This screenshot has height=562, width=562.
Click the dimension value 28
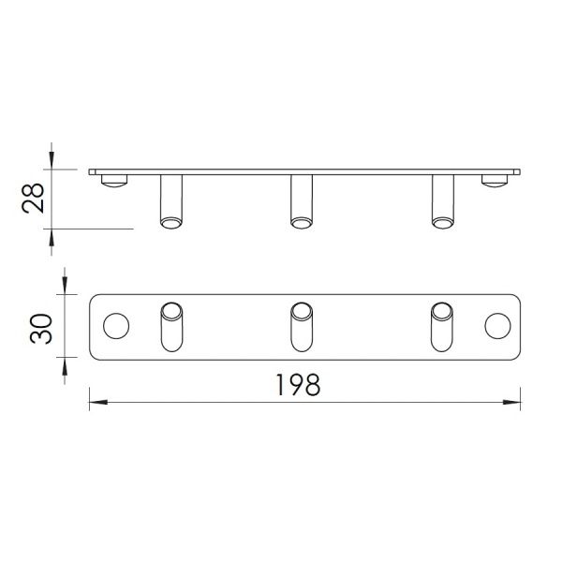[x=33, y=199]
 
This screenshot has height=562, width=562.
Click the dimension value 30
[x=41, y=329]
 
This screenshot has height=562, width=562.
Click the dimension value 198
[x=298, y=385]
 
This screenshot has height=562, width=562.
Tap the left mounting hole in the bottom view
[x=116, y=326]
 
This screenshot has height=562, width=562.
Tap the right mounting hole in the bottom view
[x=498, y=326]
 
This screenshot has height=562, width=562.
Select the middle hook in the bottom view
[x=302, y=327]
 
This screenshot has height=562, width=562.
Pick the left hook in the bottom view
[x=171, y=327]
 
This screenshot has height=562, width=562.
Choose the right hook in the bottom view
[x=442, y=327]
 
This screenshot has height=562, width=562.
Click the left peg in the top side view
[x=171, y=201]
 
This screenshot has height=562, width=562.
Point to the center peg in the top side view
[x=302, y=201]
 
